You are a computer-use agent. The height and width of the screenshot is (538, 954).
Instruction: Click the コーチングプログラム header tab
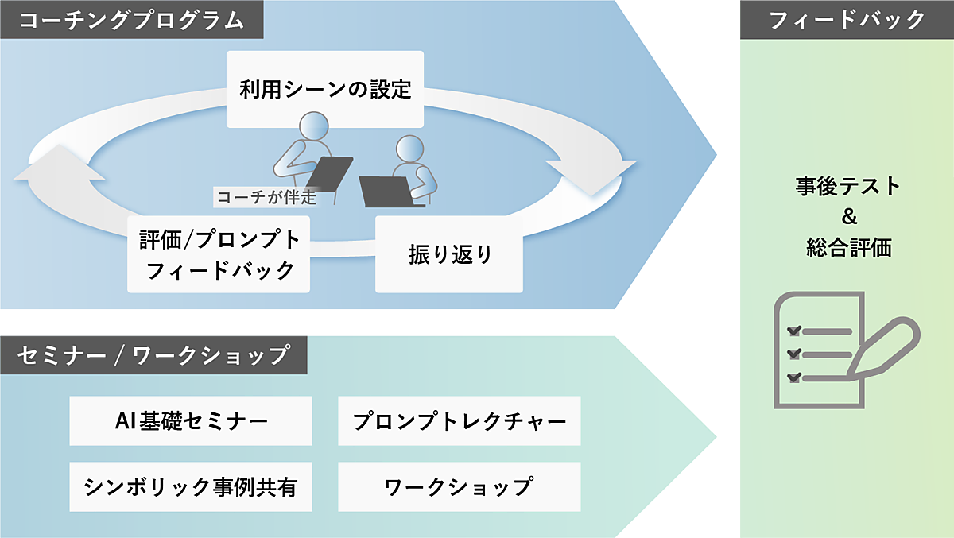(131, 20)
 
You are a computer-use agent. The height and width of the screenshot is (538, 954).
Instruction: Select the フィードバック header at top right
(846, 20)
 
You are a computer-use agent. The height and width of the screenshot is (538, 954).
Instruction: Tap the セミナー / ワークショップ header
(153, 355)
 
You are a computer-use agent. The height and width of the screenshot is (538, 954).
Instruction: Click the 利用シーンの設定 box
(325, 89)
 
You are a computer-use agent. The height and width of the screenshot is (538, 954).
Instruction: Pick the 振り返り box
(449, 255)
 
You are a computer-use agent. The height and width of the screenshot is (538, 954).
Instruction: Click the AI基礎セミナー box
(191, 420)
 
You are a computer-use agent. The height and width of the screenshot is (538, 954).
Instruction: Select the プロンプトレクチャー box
(459, 420)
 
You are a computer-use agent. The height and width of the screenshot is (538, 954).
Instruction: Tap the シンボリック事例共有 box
(191, 486)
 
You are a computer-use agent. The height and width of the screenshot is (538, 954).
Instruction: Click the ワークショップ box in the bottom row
(459, 486)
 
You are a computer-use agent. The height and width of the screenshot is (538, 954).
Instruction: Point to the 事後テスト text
(847, 187)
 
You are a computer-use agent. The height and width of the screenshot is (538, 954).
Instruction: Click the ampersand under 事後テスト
(847, 218)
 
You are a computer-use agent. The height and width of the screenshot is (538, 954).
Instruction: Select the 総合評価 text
(847, 248)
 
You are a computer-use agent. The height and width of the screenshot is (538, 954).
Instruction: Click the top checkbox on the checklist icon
(793, 331)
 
